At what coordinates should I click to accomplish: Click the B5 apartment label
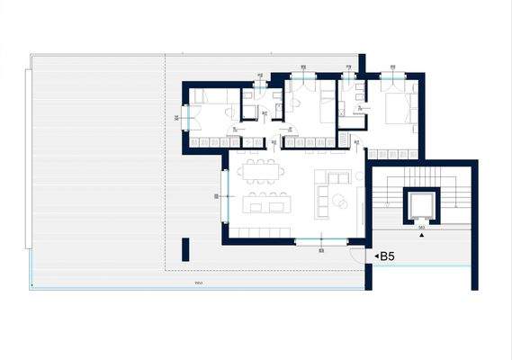388,256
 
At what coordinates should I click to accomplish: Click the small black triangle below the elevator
421,236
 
